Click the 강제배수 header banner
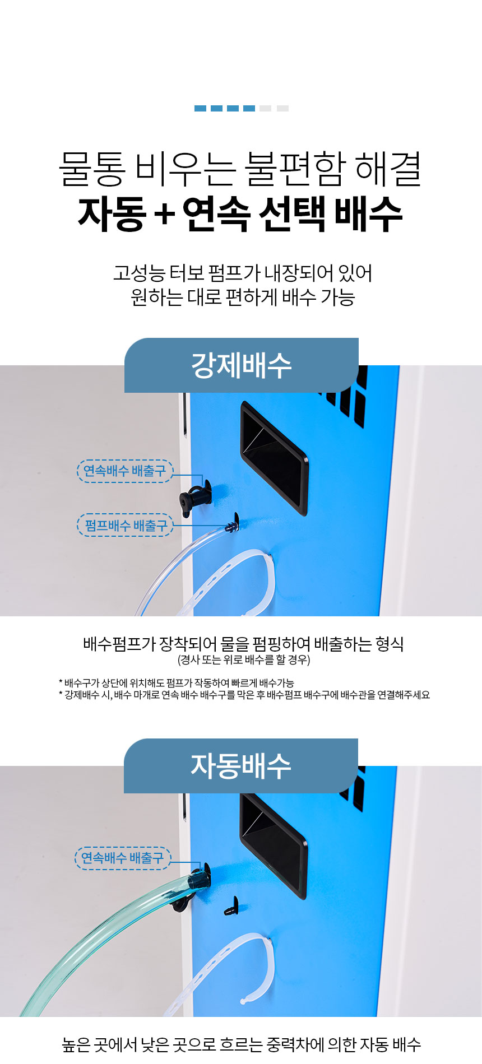click(241, 365)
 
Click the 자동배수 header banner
click(241, 765)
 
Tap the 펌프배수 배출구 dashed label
click(125, 525)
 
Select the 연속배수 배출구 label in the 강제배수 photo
click(125, 471)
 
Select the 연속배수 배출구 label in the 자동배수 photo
click(123, 858)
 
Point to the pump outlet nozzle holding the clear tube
click(232, 524)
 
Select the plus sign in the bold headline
click(164, 215)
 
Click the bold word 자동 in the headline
click(112, 214)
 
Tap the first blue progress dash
click(200, 108)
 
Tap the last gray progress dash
click(282, 108)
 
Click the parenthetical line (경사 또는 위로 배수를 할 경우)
click(244, 659)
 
